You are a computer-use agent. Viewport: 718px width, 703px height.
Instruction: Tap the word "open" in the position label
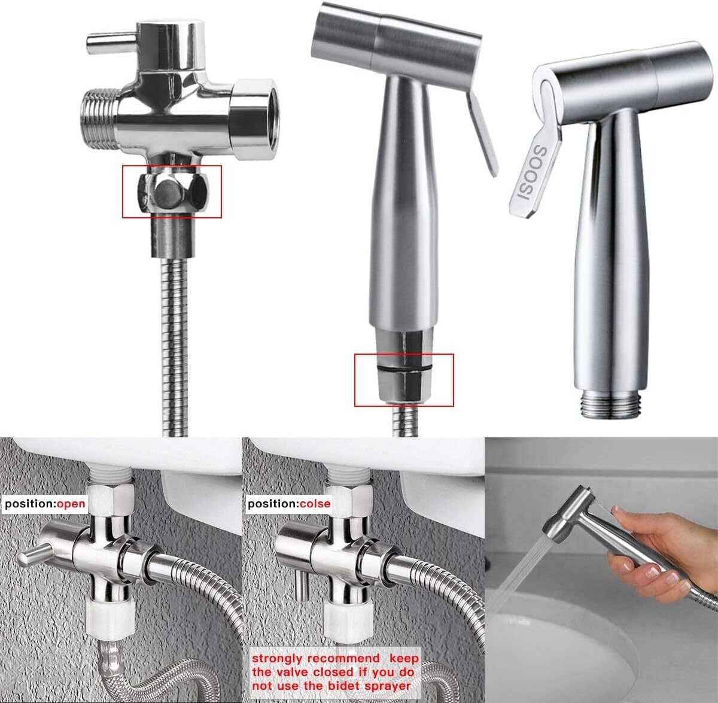pyautogui.click(x=71, y=504)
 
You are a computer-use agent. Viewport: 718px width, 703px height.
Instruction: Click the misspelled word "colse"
pyautogui.click(x=315, y=504)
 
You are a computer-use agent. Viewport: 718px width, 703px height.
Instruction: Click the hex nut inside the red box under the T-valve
pyautogui.click(x=171, y=193)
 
